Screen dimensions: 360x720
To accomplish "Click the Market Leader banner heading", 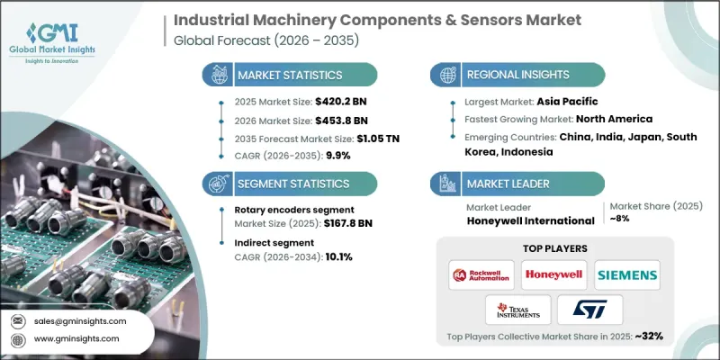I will click(x=508, y=184).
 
